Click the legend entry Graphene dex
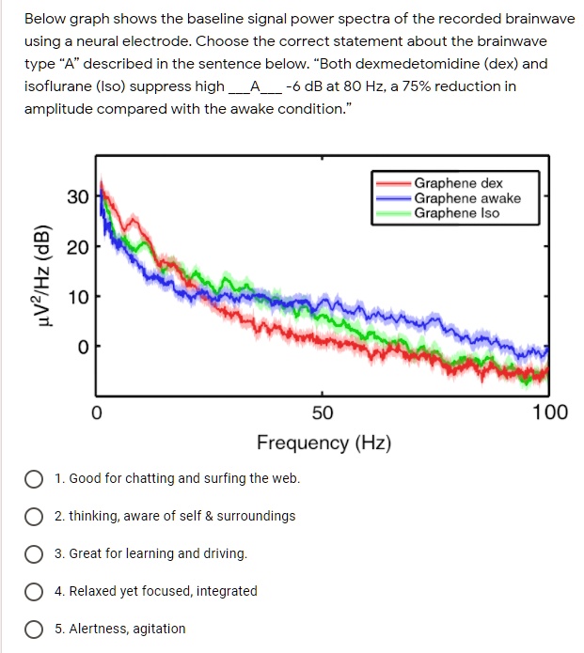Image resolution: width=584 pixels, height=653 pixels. point(458,183)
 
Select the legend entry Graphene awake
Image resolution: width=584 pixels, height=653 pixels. point(466,198)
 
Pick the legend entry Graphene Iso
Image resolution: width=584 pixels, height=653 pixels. point(456,213)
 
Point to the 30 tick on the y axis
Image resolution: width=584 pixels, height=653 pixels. point(77,197)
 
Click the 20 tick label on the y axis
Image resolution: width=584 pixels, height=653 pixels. point(77,248)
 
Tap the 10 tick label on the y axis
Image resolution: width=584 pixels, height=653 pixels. point(77,298)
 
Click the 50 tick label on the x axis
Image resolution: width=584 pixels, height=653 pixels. point(322,412)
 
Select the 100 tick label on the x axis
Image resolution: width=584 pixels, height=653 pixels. point(549,412)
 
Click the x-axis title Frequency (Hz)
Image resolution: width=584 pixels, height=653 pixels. point(324,443)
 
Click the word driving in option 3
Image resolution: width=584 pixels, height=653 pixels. point(224,553)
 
